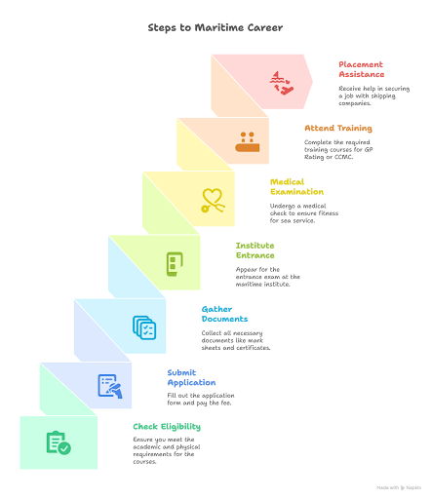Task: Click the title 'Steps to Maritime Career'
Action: (215, 28)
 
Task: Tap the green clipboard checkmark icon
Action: (59, 442)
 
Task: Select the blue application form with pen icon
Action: (110, 386)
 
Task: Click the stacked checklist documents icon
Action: (144, 327)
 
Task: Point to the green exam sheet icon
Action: (175, 264)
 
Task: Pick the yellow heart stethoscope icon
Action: (213, 201)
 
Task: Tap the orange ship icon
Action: (248, 142)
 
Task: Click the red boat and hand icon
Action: (282, 83)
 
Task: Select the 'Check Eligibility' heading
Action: (167, 427)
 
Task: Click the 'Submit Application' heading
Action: (191, 377)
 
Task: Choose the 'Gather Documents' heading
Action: (224, 314)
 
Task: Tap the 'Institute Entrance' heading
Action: (255, 250)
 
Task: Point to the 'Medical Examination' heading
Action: (296, 187)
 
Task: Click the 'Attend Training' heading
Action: (338, 129)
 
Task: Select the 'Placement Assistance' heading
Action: (362, 69)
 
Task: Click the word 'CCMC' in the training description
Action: (343, 157)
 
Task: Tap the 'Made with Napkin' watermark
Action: (399, 487)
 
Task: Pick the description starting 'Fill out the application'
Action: (201, 400)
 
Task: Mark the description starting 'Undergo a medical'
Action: (304, 213)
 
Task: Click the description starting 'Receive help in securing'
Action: (374, 96)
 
